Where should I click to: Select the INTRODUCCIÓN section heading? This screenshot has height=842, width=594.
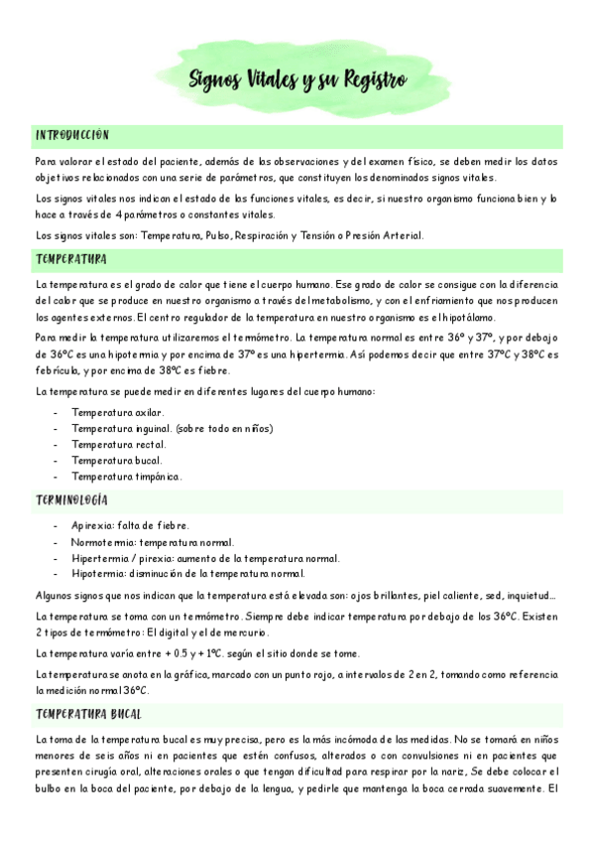[72, 135]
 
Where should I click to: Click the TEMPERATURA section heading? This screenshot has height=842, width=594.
[71, 260]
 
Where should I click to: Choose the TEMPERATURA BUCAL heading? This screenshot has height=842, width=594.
[88, 714]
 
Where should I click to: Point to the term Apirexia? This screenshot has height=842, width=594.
[92, 525]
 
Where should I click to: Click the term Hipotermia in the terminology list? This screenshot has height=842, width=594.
[98, 573]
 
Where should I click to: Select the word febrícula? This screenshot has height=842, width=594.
[59, 370]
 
